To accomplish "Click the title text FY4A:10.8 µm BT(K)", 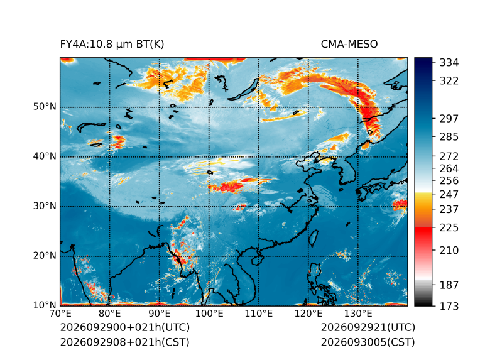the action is point(112,45).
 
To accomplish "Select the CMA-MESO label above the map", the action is point(349,45).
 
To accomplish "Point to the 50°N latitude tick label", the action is point(45,107).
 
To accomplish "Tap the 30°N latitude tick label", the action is point(45,206).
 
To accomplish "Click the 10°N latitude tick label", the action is point(45,305).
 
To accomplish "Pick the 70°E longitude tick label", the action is point(60,314).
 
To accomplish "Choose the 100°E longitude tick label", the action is point(209,314).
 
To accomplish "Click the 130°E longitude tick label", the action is point(358,314).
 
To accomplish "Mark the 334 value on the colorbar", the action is point(449,63).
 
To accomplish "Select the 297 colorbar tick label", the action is point(449,119).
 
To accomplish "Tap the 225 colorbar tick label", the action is point(449,228).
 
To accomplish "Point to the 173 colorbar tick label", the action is point(449,306).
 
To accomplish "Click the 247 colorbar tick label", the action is point(449,194).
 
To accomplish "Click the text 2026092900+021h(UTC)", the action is point(125,327).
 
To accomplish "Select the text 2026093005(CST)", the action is point(368,342).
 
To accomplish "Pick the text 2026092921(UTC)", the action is point(368,327).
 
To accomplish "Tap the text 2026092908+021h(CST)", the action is point(124,342).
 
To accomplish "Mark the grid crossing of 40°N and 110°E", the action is point(259,157).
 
